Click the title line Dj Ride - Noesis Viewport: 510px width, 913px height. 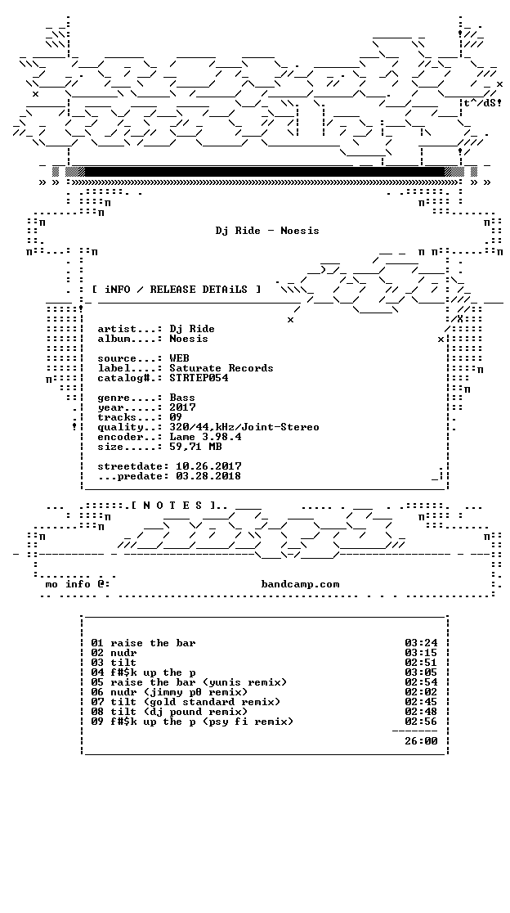point(267,231)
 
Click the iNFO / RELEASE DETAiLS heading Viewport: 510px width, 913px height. point(177,290)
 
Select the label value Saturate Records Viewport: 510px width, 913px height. point(221,368)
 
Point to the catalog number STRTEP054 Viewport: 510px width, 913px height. point(199,378)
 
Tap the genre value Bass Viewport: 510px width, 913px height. point(182,398)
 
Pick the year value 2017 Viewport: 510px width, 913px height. point(182,407)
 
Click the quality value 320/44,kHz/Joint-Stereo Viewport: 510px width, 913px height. point(244,427)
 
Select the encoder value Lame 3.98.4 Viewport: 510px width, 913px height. point(205,437)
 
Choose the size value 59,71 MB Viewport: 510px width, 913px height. point(195,447)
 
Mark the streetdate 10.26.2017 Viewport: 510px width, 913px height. point(208,466)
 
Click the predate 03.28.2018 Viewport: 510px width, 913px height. point(208,476)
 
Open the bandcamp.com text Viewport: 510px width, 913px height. point(300,584)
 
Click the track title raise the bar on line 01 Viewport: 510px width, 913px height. point(153,643)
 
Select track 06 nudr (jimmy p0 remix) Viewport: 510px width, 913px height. point(169,692)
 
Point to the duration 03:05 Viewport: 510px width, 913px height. point(421,672)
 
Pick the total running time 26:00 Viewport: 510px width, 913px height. point(421,741)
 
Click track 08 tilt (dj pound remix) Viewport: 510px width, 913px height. point(169,712)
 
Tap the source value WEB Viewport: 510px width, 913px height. point(179,358)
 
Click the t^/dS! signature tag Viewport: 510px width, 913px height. point(483,103)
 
